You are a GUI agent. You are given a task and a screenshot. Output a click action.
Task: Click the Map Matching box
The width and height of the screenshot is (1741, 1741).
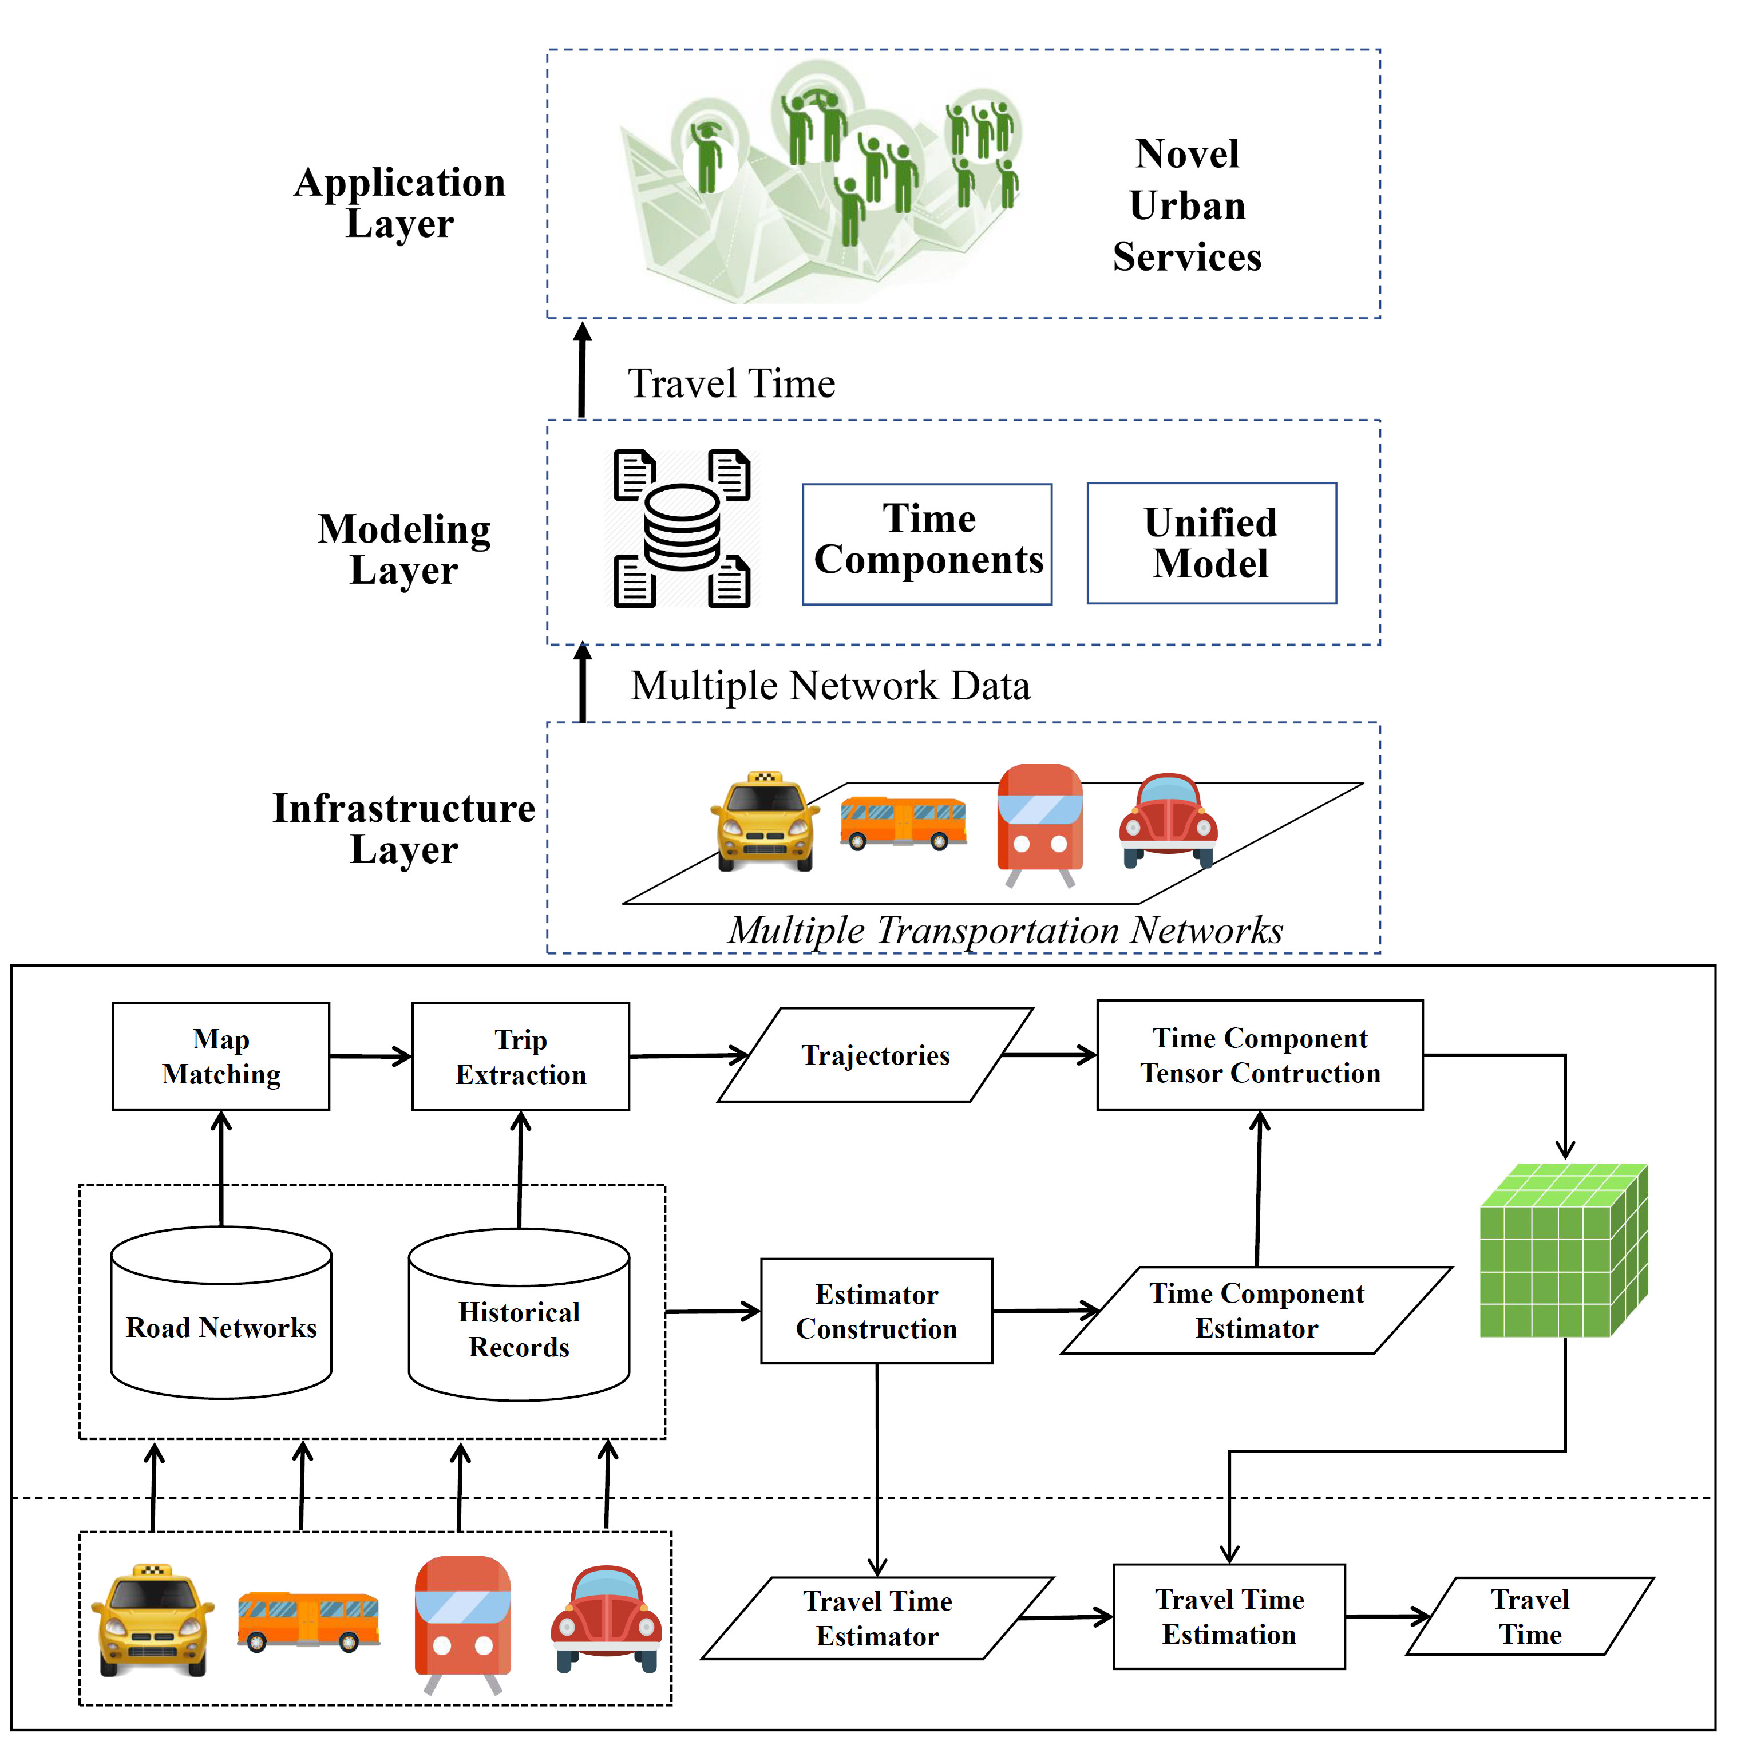coord(221,1056)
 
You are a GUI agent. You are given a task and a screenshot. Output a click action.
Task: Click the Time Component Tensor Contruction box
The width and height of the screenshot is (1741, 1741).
coord(1260,1055)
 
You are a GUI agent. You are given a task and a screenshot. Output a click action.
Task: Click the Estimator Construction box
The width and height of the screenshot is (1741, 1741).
coord(877,1311)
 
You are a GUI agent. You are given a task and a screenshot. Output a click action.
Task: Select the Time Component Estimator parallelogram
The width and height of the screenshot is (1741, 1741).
coord(1256,1311)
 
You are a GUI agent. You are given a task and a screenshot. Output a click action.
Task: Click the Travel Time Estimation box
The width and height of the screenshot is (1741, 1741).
coord(1229,1617)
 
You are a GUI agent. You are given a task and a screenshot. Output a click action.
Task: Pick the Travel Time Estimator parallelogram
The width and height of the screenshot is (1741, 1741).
coord(877,1619)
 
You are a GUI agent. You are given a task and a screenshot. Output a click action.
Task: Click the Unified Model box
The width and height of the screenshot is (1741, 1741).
coord(1211,543)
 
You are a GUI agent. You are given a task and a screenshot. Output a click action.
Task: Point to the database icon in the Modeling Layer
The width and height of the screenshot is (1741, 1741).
coord(682,529)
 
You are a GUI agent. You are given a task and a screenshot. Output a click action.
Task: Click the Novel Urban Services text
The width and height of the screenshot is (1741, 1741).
coord(1187,205)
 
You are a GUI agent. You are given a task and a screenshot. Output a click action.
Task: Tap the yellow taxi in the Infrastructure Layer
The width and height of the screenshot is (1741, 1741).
coord(765,822)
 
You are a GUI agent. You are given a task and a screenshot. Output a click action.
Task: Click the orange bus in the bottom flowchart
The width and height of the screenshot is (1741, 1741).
coord(308,1622)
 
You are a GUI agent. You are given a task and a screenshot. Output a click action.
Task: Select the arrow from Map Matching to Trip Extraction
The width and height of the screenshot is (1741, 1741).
coord(370,1056)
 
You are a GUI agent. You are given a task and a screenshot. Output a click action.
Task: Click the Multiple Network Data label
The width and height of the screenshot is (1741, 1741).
coord(830,686)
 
